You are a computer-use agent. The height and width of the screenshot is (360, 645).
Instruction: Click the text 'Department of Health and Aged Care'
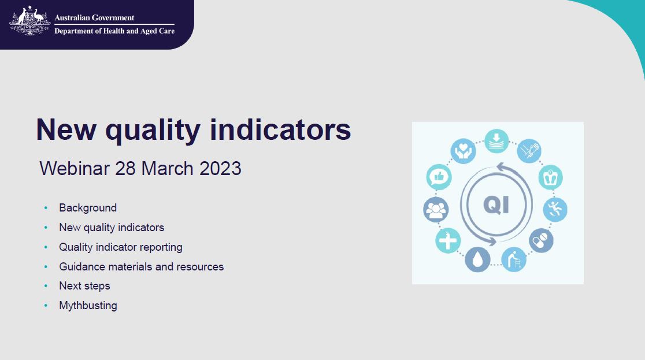[x=114, y=31]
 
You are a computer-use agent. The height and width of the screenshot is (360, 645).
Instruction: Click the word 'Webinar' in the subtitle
[x=75, y=169]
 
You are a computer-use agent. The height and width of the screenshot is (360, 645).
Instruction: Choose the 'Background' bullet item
[x=88, y=208]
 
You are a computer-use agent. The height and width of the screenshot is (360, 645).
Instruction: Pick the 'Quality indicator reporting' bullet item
[x=121, y=247]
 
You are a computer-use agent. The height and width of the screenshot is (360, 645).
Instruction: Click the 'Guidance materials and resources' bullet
[x=141, y=267]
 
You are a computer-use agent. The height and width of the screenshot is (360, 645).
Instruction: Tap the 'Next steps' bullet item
[x=84, y=286]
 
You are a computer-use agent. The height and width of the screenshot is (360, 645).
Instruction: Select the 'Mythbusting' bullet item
[x=88, y=306]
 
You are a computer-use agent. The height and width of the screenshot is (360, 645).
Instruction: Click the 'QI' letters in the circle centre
[x=496, y=205]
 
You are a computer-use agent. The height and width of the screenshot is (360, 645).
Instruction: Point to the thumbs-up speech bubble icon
[x=439, y=177]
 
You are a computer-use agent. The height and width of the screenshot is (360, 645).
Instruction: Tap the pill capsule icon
[x=541, y=240]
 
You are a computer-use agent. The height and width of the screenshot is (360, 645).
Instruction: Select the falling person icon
[x=555, y=209]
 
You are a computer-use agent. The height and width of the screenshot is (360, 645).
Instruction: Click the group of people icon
[x=435, y=209]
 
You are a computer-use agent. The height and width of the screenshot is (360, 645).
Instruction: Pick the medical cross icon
[x=448, y=240]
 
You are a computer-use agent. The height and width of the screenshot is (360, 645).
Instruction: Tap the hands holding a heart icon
[x=463, y=151]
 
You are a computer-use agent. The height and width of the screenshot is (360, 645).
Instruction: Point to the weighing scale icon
[x=550, y=177]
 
